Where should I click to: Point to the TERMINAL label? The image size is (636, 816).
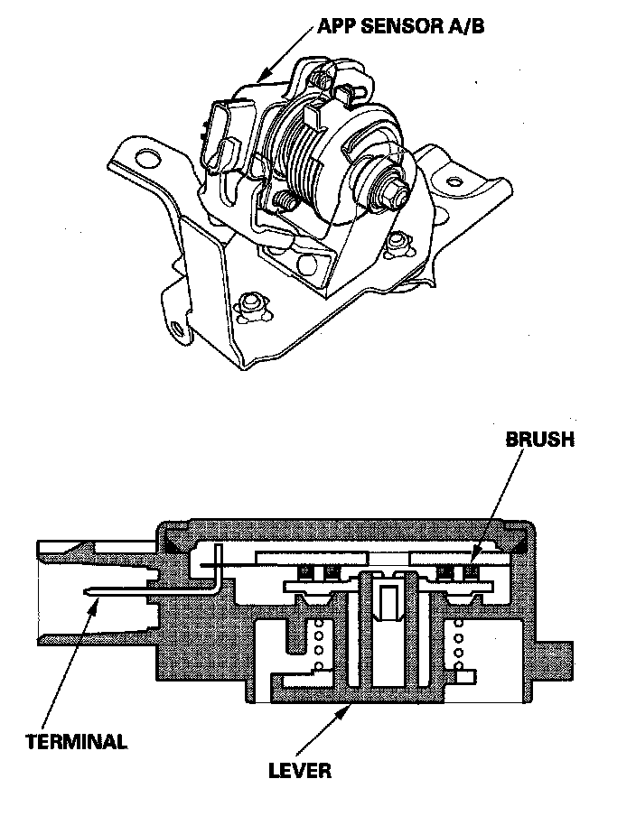[x=76, y=742]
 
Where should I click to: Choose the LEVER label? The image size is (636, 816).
[x=300, y=771]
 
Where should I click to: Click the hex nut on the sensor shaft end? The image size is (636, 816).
[x=390, y=190]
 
